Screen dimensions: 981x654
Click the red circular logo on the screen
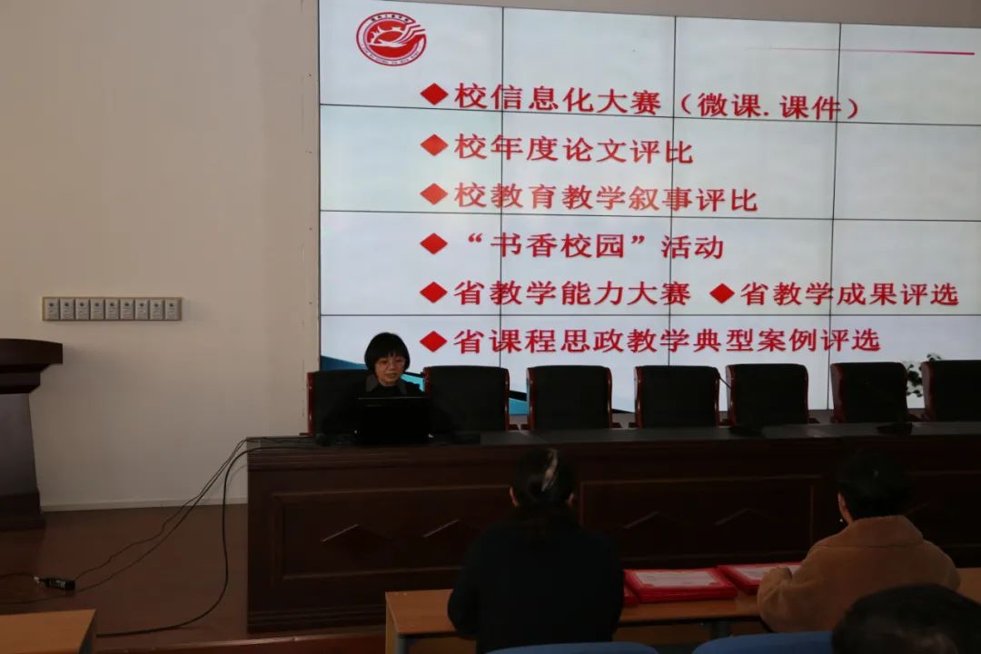coord(391,38)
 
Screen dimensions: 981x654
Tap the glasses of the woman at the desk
coord(389,362)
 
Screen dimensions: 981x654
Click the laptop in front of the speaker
coord(393,420)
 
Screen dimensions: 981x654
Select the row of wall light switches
coord(112,309)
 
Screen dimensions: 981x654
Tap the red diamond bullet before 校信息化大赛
coord(433,95)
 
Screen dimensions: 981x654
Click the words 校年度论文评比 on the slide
coord(573,150)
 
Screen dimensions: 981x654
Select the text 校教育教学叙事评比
coord(605,197)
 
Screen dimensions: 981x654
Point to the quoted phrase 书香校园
coord(558,244)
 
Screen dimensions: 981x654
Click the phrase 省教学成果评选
coord(848,293)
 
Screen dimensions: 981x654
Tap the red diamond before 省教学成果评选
coord(722,292)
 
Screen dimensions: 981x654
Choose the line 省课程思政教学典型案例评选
coord(667,341)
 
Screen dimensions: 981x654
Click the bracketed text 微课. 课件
coord(768,106)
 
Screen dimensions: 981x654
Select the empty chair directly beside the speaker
coord(468,398)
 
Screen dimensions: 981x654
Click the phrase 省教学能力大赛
coord(572,292)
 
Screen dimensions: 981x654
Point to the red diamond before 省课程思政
coord(433,342)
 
